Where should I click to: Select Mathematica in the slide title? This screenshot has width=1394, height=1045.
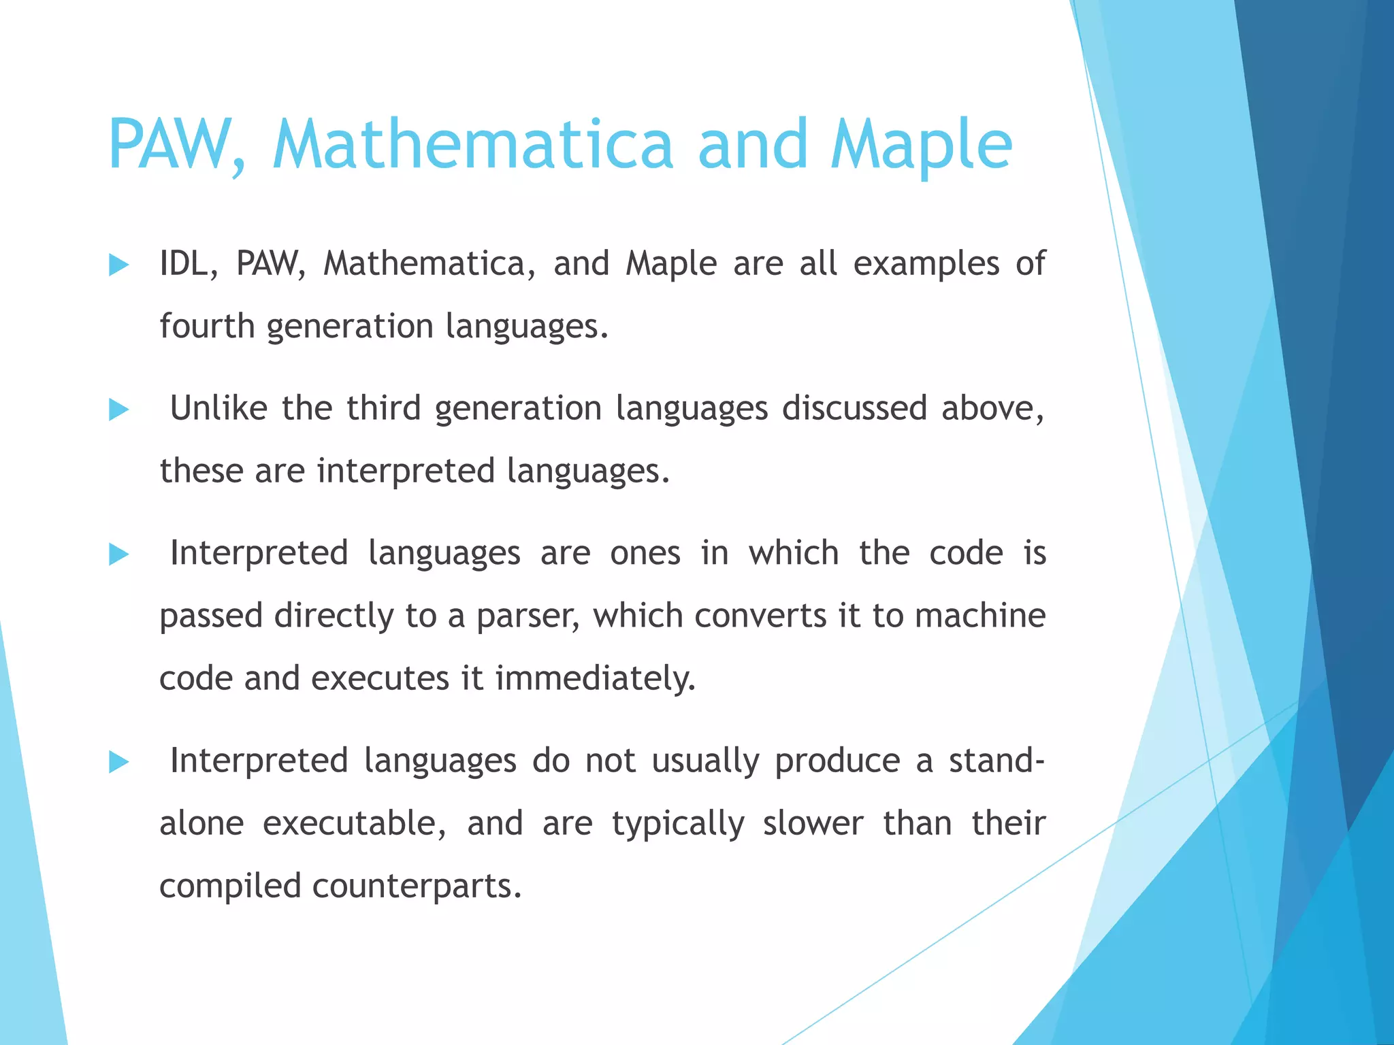pos(472,144)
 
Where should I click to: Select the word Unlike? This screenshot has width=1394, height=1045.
pos(218,408)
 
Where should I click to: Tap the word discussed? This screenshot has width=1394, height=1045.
pos(854,408)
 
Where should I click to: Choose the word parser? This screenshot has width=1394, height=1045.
pos(528,616)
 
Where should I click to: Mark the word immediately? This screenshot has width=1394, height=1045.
pos(595,678)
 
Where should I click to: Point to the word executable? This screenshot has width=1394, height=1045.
pos(354,823)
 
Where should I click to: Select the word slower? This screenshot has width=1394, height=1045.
pos(813,823)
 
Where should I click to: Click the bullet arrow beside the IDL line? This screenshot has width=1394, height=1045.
pos(118,265)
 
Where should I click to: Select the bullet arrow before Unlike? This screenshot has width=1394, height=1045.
pos(118,410)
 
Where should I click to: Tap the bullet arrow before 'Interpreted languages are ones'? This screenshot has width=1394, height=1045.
pos(118,554)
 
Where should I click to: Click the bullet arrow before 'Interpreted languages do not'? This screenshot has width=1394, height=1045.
pos(118,762)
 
